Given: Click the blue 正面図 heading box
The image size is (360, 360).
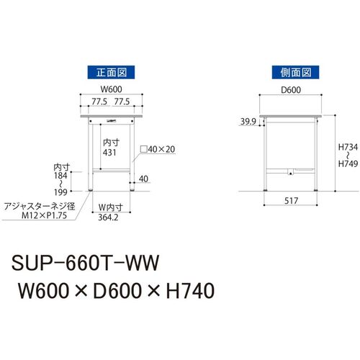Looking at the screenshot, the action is click(111, 72).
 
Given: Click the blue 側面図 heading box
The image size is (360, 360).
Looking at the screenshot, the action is click(295, 72).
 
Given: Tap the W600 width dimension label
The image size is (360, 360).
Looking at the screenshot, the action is click(111, 89).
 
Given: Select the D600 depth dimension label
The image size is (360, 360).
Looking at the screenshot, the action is click(291, 90).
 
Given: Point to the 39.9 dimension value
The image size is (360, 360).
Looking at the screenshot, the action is click(248, 122).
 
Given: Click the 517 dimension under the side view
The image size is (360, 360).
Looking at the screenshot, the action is click(291, 201).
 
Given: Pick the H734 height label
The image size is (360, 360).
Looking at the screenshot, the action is click(348, 147).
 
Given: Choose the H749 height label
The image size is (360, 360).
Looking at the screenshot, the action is click(348, 163).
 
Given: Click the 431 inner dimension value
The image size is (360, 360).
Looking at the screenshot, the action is click(109, 153).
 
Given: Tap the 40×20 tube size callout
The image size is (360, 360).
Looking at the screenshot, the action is click(158, 149).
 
